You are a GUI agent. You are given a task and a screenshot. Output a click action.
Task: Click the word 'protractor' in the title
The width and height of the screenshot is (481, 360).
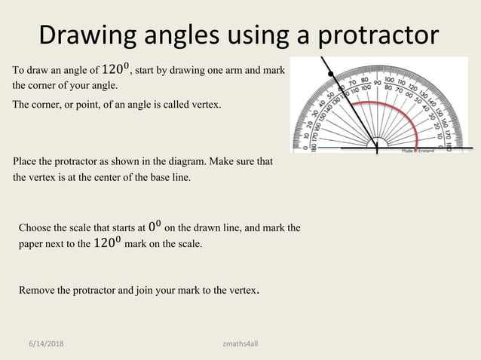pyautogui.click(x=378, y=35)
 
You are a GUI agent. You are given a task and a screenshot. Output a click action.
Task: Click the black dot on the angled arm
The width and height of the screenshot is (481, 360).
pyautogui.click(x=331, y=73)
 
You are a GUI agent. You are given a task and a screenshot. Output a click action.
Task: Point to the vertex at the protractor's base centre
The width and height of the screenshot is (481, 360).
pyautogui.click(x=377, y=148)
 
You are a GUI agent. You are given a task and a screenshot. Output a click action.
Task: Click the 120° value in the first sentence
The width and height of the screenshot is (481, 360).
pyautogui.click(x=116, y=70)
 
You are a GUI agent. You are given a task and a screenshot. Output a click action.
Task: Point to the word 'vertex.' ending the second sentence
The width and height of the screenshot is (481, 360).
pyautogui.click(x=206, y=105)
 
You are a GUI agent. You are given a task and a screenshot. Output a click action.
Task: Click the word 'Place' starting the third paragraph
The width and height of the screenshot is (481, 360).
pyautogui.click(x=26, y=162)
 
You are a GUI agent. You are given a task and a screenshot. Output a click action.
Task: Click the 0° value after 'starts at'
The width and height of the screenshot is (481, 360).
pyautogui.click(x=155, y=227)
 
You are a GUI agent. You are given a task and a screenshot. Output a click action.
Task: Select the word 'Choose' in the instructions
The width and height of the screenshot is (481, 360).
pyautogui.click(x=35, y=227)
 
